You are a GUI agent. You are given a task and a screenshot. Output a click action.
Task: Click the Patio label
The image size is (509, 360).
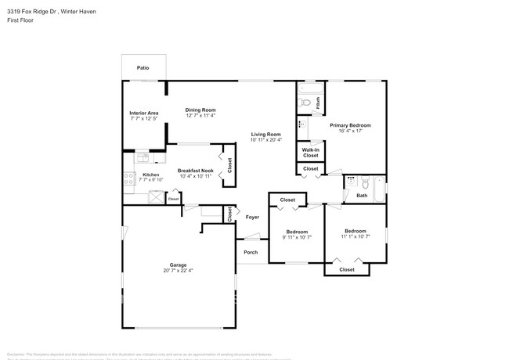pos(143,68)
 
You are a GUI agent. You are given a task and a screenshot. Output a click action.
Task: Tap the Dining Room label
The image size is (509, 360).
pos(200,110)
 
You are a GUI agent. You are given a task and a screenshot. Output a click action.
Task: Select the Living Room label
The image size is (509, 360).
pos(265,134)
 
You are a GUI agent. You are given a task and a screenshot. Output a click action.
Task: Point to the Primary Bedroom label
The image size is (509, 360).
pos(350,125)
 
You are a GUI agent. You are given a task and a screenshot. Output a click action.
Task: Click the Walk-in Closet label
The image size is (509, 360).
pos(311,152)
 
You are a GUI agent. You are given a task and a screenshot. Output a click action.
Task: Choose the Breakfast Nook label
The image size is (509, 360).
pos(195,171)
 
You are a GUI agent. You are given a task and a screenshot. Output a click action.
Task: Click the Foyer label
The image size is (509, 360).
pos(252,217)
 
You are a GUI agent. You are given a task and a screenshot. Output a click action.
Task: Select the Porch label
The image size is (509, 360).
pos(251,252)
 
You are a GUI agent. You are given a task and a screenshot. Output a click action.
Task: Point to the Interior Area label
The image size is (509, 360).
pos(144,113)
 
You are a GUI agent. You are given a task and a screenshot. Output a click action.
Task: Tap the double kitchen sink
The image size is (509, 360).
pos(143,157)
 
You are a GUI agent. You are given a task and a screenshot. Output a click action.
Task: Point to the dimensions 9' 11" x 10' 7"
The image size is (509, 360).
pos(296,236)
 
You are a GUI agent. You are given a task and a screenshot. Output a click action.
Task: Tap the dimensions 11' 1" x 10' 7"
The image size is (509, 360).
pos(356,236)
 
